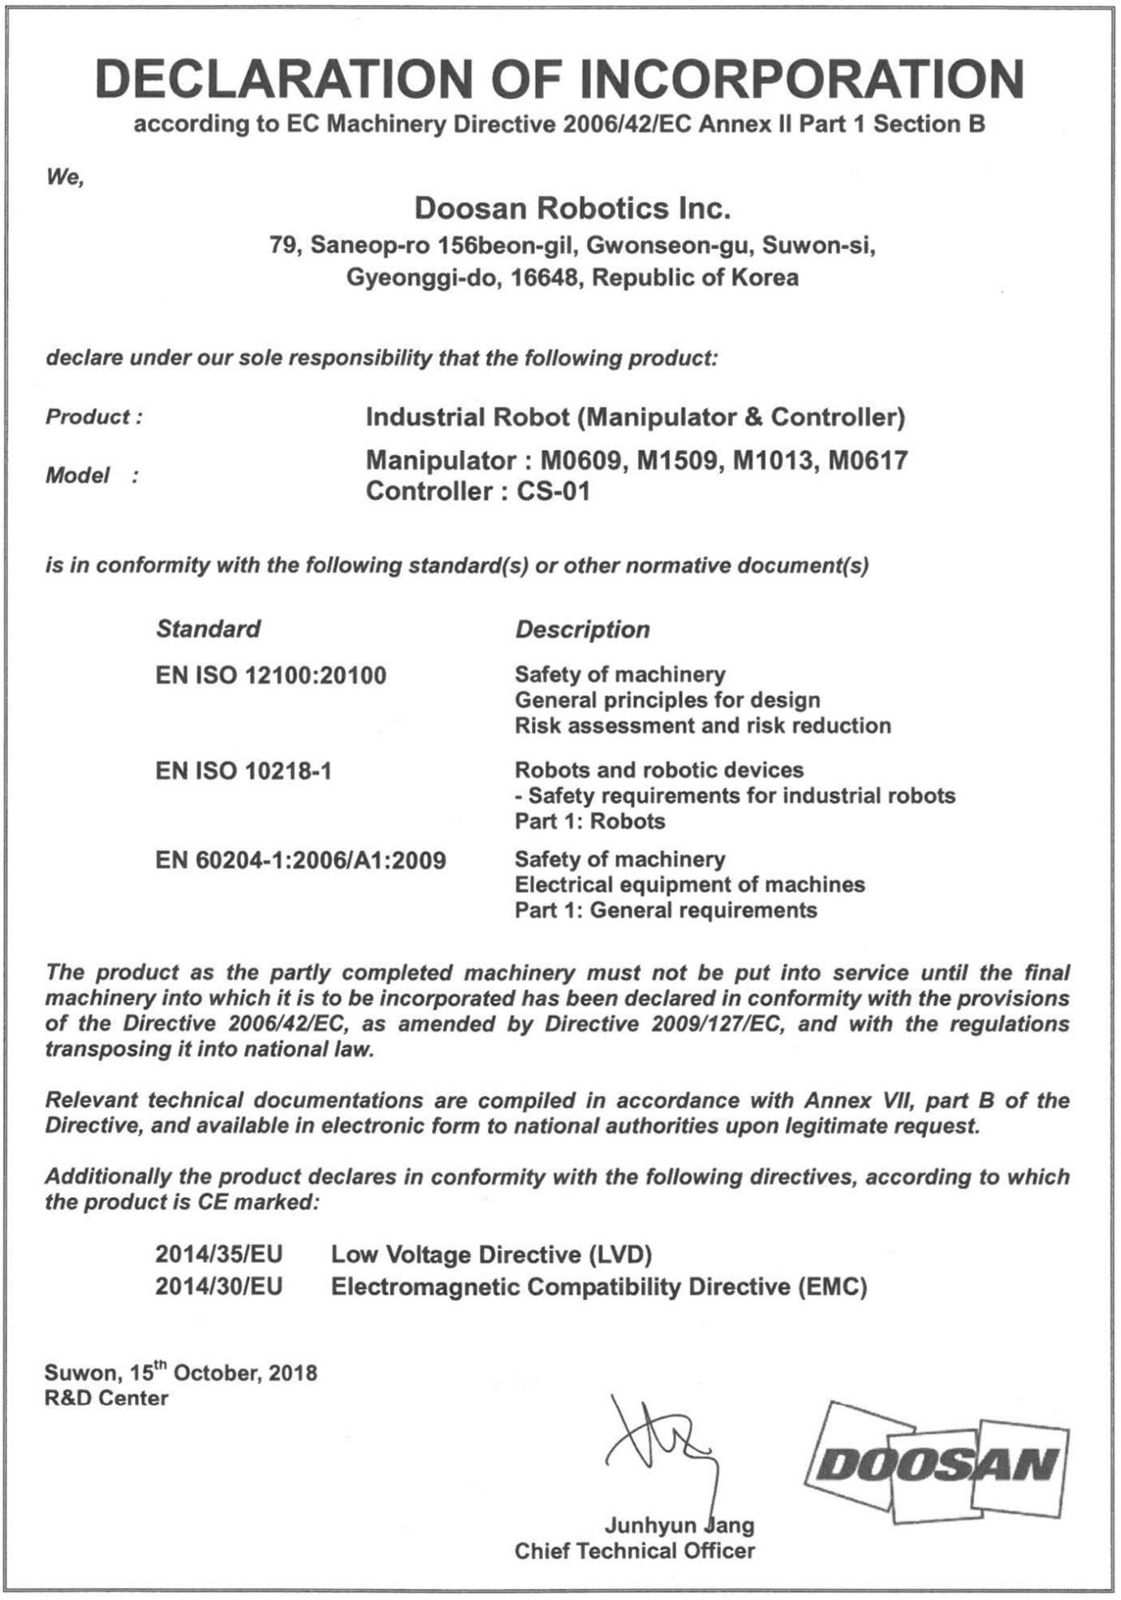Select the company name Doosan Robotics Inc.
click(x=572, y=209)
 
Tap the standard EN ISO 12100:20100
click(x=270, y=675)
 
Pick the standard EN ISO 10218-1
click(x=244, y=770)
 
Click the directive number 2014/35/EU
click(x=219, y=1255)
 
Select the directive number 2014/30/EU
click(x=219, y=1287)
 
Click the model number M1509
click(x=679, y=461)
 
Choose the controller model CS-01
click(x=553, y=491)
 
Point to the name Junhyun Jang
click(x=679, y=1524)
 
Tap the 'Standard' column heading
click(x=208, y=629)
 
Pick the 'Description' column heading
click(x=582, y=629)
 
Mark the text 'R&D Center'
click(x=106, y=1398)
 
